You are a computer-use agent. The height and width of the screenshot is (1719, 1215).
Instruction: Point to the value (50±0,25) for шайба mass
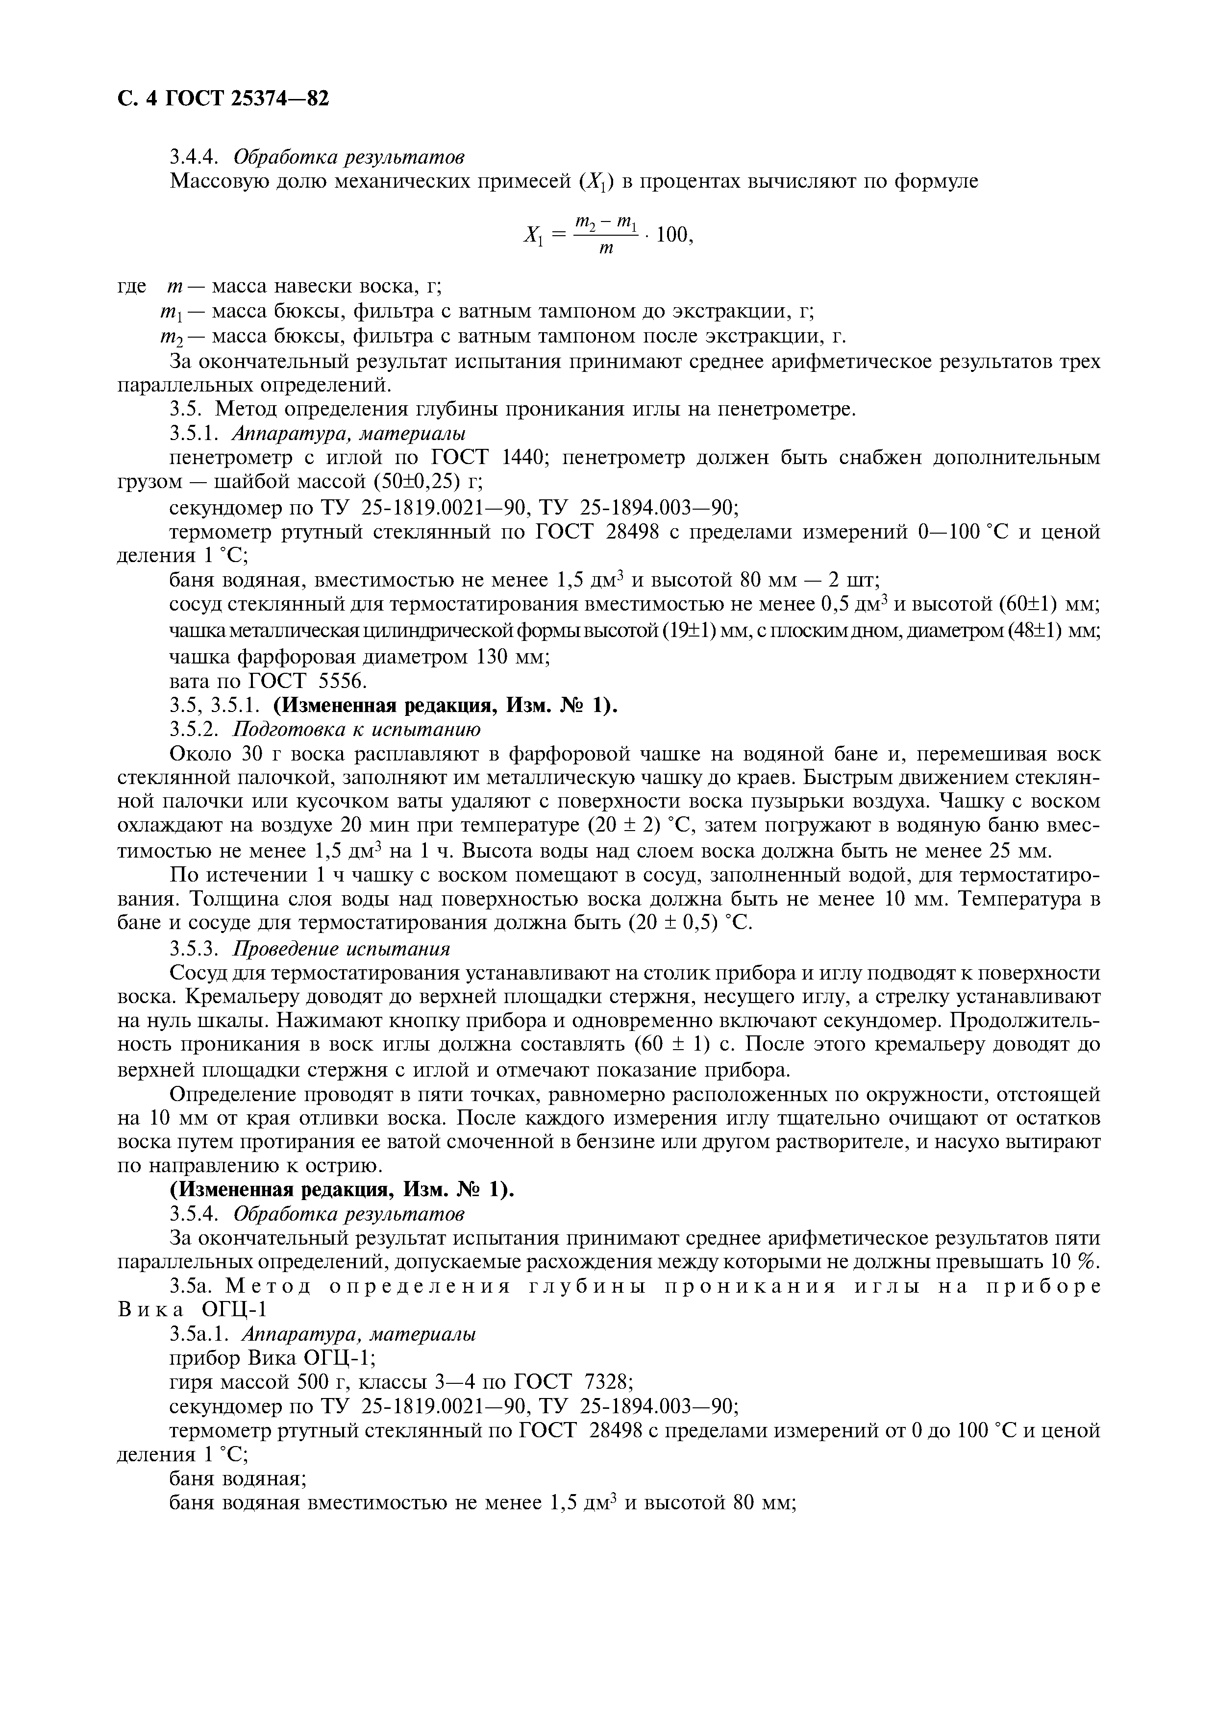point(405,481)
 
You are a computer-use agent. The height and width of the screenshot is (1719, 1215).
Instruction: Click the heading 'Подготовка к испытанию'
point(357,729)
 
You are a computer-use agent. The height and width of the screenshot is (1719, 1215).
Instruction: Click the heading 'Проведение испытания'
point(342,949)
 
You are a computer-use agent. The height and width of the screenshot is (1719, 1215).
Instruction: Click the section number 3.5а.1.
point(200,1333)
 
